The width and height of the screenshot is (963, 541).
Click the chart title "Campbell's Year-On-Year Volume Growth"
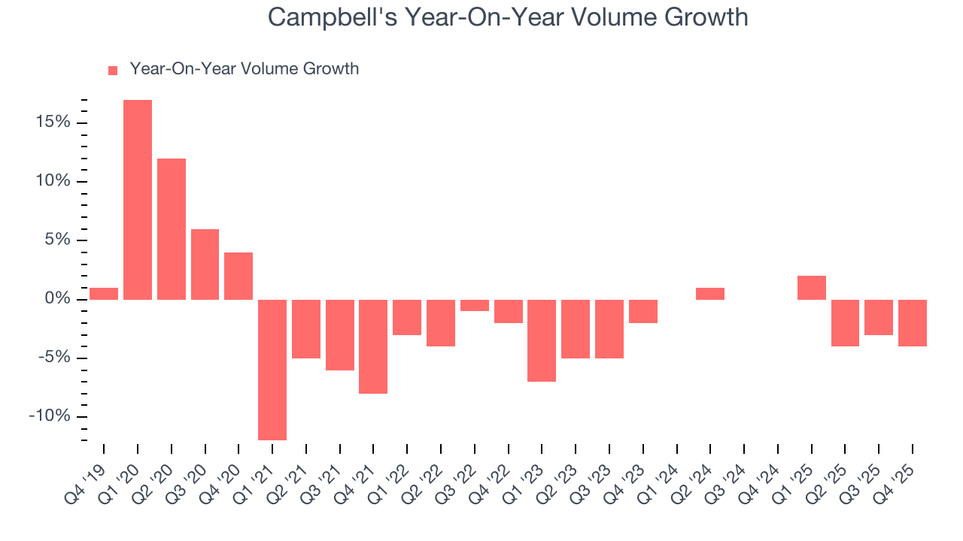coord(508,17)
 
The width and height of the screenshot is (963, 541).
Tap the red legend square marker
coord(113,70)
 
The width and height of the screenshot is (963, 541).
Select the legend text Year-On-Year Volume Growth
coord(244,69)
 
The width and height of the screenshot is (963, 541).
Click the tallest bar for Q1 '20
coord(138,200)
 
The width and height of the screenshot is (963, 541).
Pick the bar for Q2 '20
coord(172,229)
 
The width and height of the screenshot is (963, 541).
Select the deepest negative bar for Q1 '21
coord(272,370)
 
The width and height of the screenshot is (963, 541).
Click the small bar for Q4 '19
coord(104,294)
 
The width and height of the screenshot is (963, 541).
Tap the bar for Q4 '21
coord(373,346)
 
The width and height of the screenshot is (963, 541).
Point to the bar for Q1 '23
coord(542,340)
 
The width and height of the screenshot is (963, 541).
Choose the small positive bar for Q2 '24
coord(710,294)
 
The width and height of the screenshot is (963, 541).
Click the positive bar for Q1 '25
coord(812,288)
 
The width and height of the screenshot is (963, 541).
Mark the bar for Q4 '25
coord(913,323)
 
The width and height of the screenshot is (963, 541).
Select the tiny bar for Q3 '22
coord(475,305)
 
